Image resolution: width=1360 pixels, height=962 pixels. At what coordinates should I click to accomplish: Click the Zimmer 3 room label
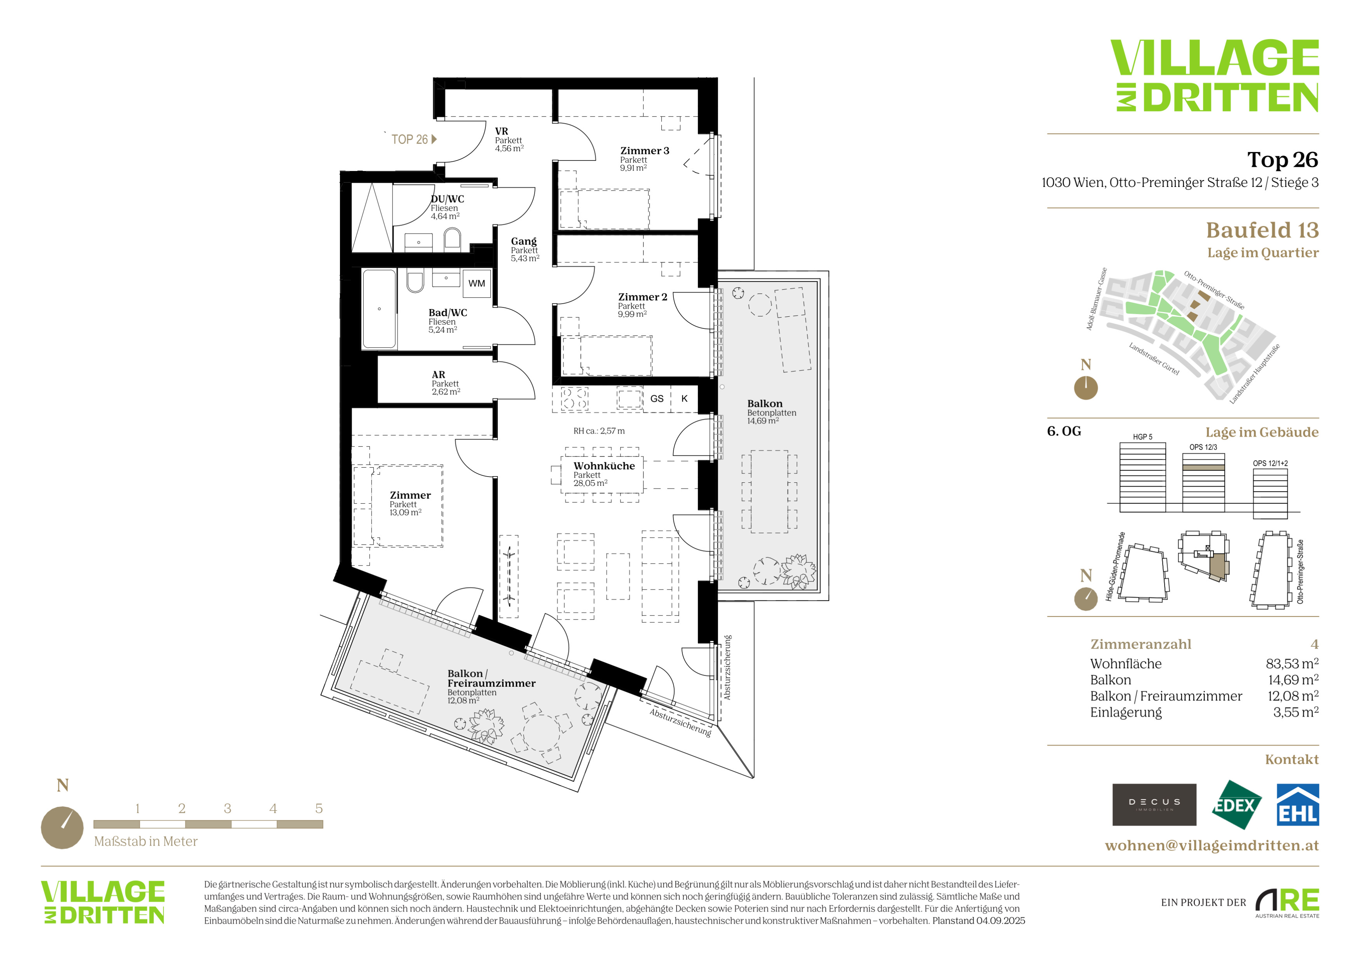[x=645, y=150]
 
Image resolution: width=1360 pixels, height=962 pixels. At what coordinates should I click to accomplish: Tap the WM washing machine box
[x=476, y=283]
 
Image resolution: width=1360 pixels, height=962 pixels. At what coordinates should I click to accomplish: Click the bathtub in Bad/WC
[x=379, y=309]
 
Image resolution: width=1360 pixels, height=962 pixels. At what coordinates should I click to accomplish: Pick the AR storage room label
[x=438, y=374]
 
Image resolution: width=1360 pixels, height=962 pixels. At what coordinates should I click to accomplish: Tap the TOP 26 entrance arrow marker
[x=434, y=139]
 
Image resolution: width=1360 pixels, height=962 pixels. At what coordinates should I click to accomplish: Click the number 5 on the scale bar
[x=319, y=808]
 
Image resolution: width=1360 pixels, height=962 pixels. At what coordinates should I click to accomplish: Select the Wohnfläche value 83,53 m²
[x=1292, y=663]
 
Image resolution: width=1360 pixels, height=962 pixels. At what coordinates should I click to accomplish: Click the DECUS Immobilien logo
[x=1154, y=805]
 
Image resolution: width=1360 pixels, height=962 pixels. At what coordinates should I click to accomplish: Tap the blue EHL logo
[x=1297, y=805]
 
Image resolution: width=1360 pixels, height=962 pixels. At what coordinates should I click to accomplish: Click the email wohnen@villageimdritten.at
[x=1212, y=845]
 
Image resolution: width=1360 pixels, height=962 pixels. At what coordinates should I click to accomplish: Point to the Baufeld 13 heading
[x=1262, y=230]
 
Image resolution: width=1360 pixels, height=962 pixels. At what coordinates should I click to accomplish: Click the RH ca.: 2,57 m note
[x=599, y=431]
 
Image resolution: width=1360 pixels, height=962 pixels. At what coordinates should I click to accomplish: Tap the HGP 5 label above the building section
[x=1143, y=436]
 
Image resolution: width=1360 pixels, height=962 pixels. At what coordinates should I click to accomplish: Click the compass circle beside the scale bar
[x=62, y=828]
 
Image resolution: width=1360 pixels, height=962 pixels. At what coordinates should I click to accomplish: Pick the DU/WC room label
[x=447, y=199]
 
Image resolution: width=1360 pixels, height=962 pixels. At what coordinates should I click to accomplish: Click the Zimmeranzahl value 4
[x=1315, y=644]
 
